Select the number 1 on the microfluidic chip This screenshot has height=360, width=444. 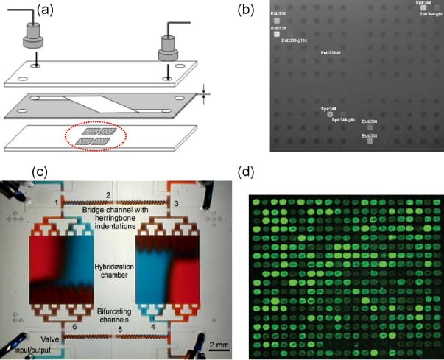(55, 202)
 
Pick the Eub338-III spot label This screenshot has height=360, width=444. (330, 53)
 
